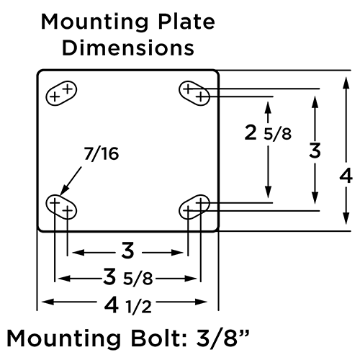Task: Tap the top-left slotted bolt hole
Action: [x=61, y=93]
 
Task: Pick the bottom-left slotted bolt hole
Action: [x=61, y=207]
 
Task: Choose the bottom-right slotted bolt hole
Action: [x=194, y=207]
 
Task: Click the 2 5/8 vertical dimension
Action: [x=268, y=133]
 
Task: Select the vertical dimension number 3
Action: [x=315, y=151]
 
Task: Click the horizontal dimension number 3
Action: [x=127, y=251]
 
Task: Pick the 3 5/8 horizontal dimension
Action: [x=127, y=277]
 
